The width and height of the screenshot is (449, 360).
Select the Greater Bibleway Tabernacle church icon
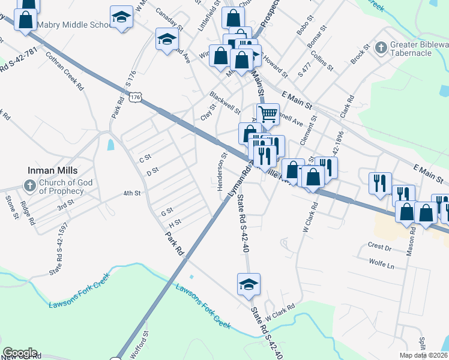380,47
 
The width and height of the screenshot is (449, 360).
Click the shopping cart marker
268,113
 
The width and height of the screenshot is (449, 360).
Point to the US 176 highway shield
136,97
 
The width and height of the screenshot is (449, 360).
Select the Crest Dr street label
379,246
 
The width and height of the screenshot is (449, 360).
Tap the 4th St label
131,193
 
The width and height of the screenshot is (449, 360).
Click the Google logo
20,353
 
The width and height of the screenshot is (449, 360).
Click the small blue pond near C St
110,145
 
